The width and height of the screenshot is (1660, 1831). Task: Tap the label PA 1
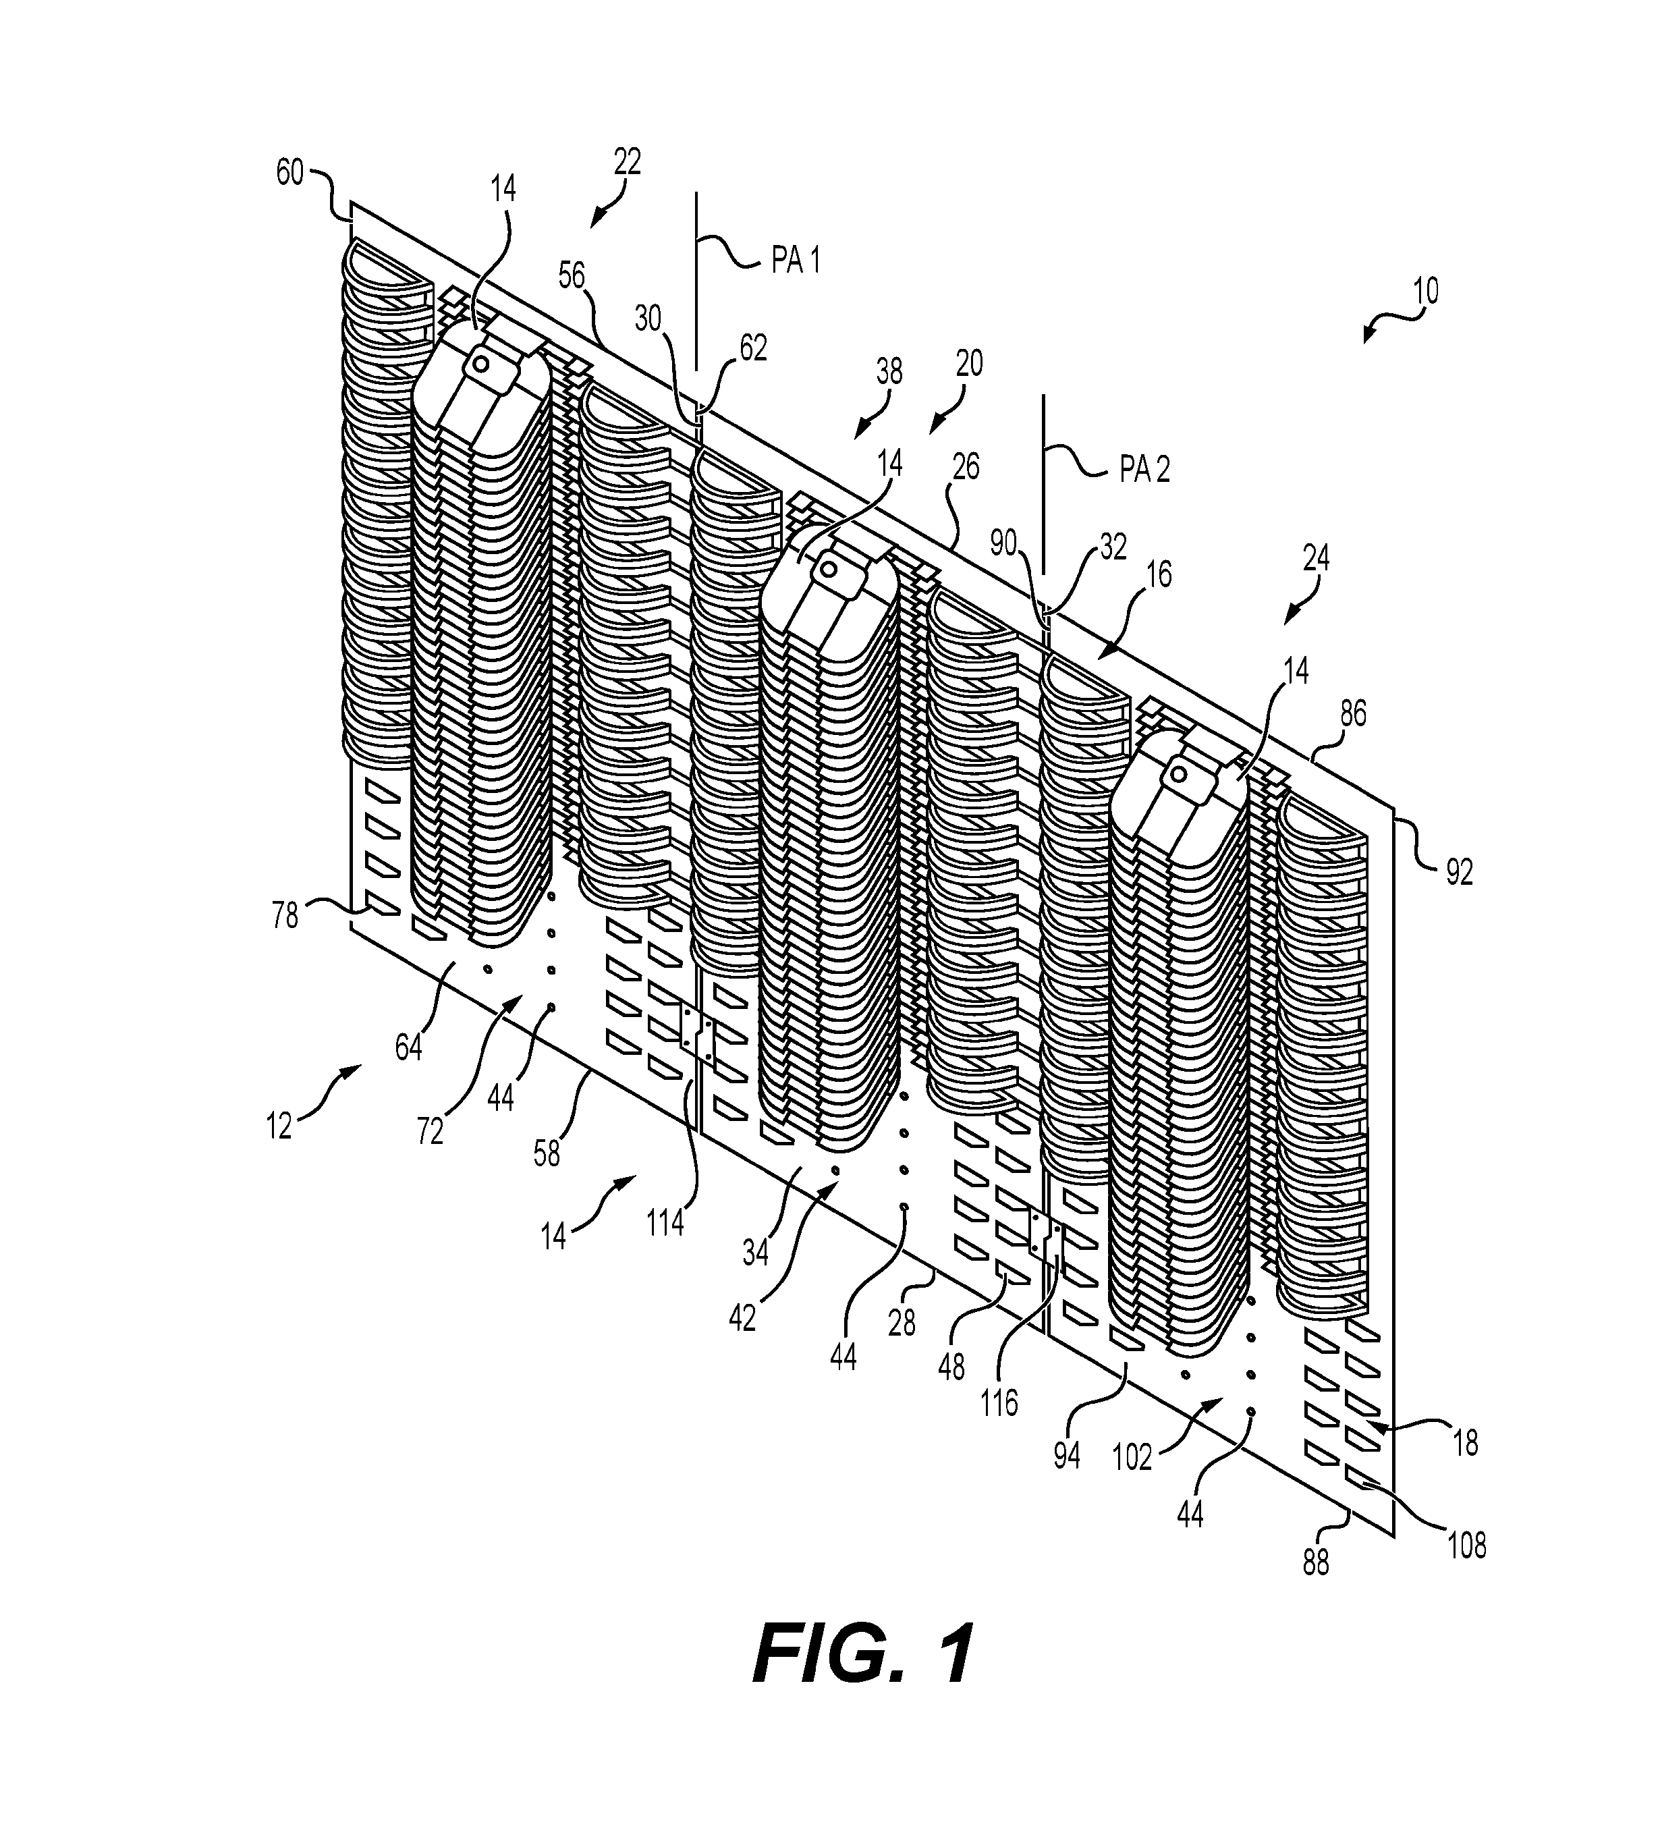[796, 262]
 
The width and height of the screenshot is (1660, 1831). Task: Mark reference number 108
[1466, 1545]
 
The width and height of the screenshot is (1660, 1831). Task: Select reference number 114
[665, 1224]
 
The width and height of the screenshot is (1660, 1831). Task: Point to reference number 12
[279, 1126]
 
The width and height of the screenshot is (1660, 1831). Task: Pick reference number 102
[1132, 1457]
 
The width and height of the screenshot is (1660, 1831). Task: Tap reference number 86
[1353, 714]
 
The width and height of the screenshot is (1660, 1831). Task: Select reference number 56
[571, 276]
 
